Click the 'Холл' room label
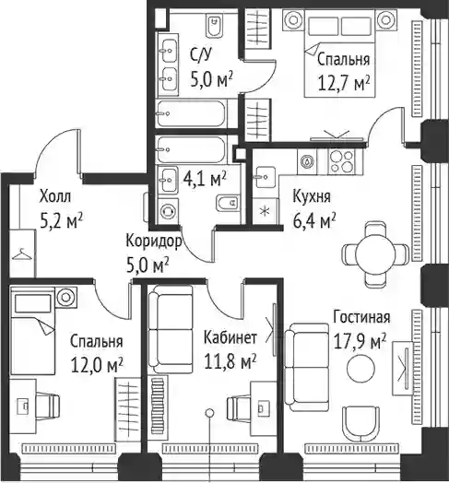coord(55,196)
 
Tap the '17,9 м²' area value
coord(360,341)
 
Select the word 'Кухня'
coord(312,197)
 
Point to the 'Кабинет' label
coord(230,337)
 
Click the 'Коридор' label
coord(153,241)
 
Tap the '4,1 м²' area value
coord(205,179)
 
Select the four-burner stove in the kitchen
coord(341,161)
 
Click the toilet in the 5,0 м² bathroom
coord(215,26)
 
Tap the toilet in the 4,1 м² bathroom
coord(228,203)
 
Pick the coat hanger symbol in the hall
coord(21,254)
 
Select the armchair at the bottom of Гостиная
coord(360,423)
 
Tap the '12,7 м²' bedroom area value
coord(343,84)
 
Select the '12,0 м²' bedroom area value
coord(97,365)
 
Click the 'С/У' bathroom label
coord(201,55)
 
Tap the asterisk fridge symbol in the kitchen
coord(265,211)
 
